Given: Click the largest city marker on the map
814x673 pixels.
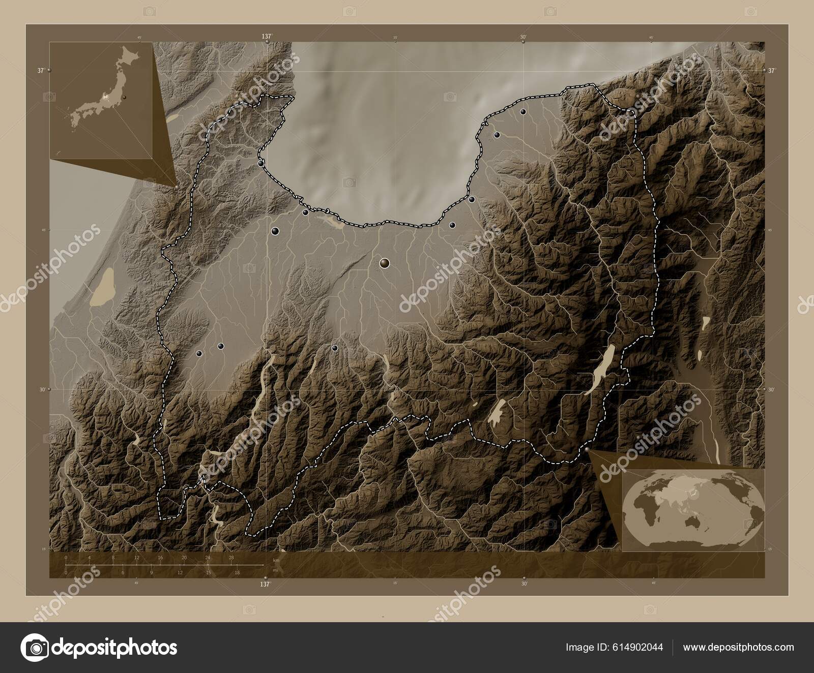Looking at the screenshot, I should point(385,263).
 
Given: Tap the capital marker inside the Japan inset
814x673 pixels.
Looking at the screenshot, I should point(124,97).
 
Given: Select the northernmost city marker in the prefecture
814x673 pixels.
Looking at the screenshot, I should point(522,112).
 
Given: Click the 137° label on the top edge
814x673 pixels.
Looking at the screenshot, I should point(266,36).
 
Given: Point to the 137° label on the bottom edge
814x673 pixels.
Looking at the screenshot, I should point(265,585).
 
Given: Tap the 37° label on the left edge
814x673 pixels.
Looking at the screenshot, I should point(41,71).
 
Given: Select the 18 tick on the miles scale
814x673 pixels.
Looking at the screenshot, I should point(237,572).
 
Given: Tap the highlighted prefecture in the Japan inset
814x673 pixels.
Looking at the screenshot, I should point(106,96).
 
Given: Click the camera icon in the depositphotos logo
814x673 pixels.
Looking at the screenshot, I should point(34,647).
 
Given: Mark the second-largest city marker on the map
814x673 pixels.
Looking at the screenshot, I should point(275,231).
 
